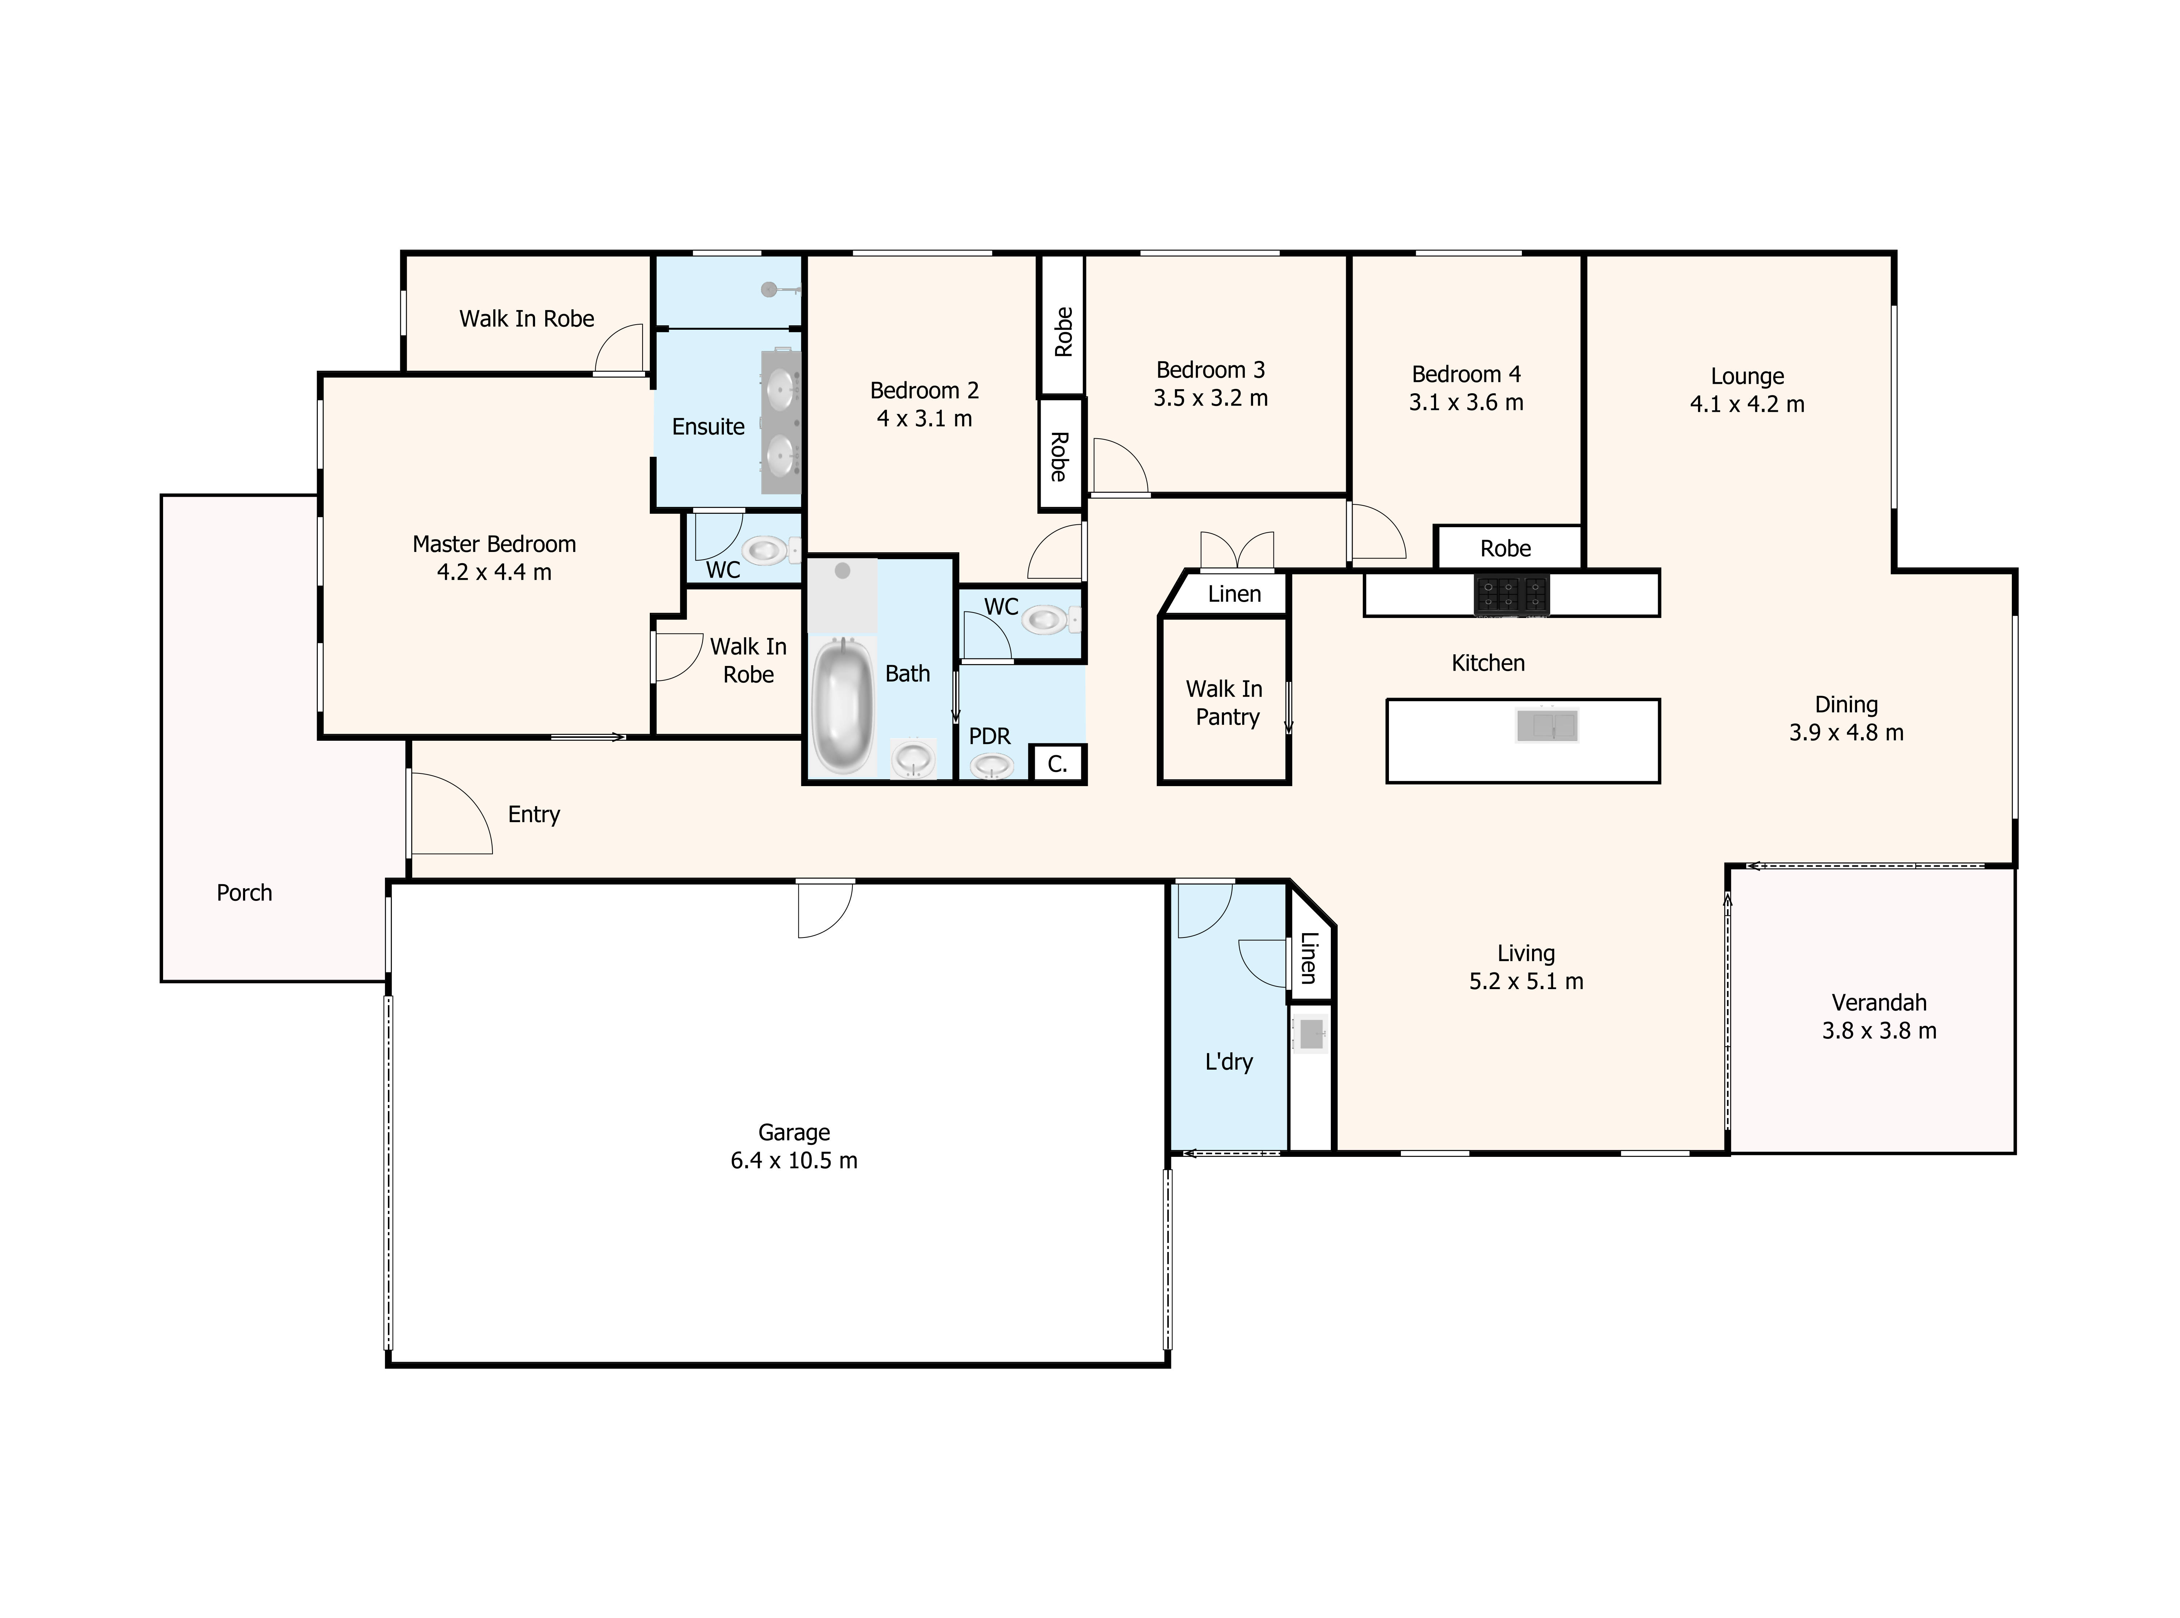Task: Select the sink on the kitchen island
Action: pos(1547,726)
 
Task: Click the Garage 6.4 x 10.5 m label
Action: pos(794,1146)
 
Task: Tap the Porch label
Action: pos(244,892)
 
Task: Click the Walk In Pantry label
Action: pos(1225,703)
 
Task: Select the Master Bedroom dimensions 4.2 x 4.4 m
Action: pos(494,572)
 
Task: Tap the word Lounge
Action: pos(1747,376)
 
